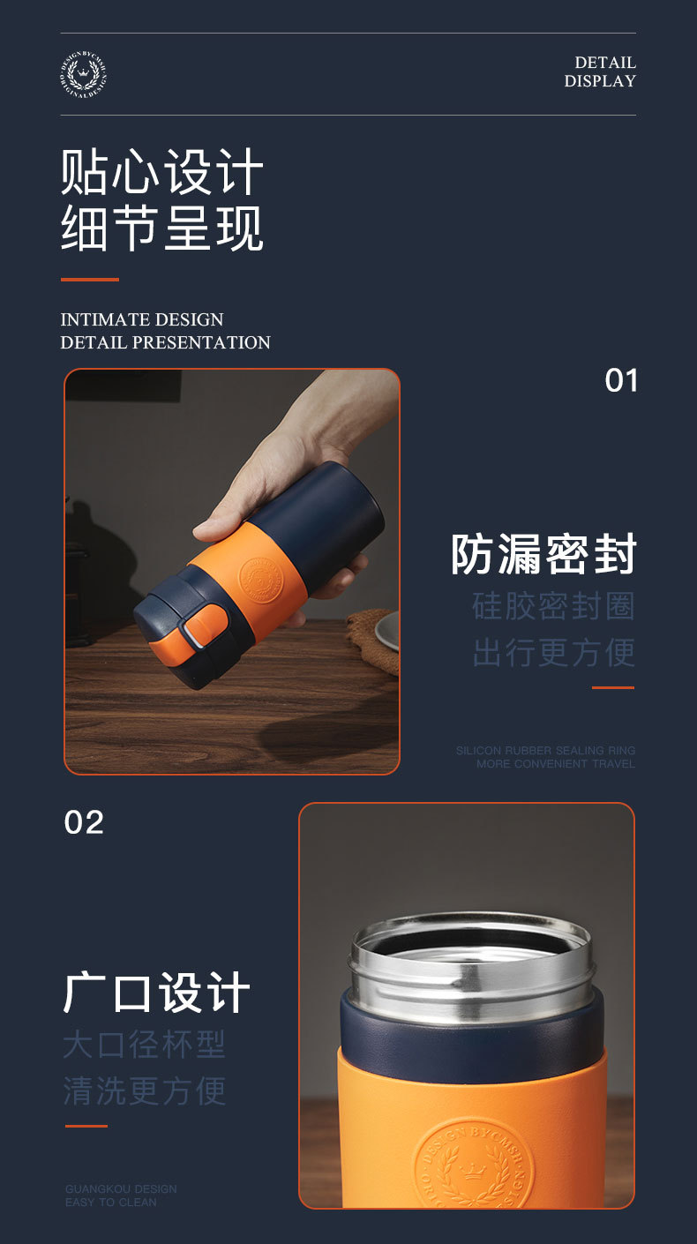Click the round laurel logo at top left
coord(84,74)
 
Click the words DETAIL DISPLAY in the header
coord(600,71)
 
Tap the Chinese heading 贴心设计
coord(161,172)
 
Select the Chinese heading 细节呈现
coord(161,229)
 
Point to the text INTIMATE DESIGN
coord(142,319)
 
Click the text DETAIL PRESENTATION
coord(165,342)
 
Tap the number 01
coord(621,381)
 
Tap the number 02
coord(84,822)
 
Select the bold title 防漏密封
coord(543,554)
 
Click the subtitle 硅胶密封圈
coord(553,606)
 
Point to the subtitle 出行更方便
coord(553,653)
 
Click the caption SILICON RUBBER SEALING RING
coord(545,751)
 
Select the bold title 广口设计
coord(157,993)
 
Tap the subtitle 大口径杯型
coord(145,1045)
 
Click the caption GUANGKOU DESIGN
coord(121,1188)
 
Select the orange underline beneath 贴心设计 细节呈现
coord(89,280)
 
